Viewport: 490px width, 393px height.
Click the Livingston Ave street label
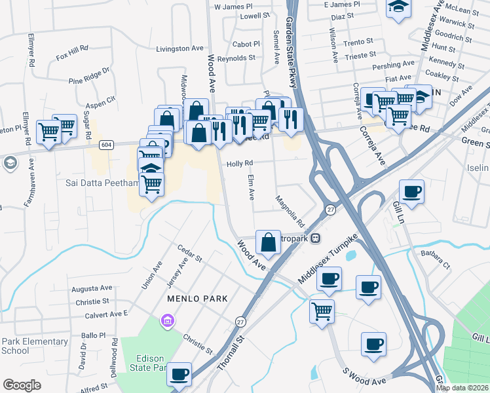tap(179, 48)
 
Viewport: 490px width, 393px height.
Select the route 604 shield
tap(105, 144)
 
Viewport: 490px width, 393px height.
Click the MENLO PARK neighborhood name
tap(197, 299)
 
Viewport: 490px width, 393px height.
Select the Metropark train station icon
tap(316, 238)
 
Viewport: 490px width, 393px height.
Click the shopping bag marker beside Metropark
tap(269, 242)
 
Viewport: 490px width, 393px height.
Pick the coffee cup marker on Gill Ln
tap(411, 192)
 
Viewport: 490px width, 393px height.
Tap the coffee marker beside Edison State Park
tap(179, 375)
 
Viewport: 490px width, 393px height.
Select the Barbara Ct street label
tap(436, 259)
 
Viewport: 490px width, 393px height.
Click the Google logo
tap(22, 385)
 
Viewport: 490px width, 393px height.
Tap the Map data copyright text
tap(462, 388)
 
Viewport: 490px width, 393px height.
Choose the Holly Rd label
tap(240, 164)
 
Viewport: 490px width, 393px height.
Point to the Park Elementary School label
tap(34, 346)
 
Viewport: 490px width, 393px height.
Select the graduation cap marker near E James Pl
tap(397, 8)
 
